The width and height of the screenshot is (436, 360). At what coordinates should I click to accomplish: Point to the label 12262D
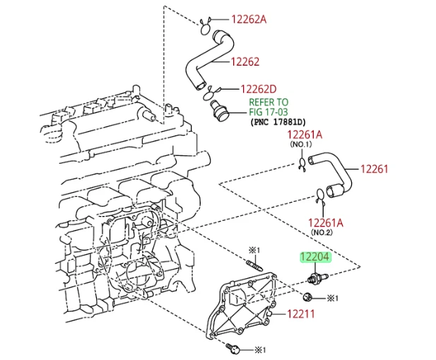click(264, 90)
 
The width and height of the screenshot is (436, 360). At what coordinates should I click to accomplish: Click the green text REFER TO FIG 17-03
click(268, 107)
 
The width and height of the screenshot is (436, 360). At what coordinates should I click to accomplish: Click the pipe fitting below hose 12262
click(218, 110)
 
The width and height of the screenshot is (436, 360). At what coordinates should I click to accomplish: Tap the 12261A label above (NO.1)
click(304, 135)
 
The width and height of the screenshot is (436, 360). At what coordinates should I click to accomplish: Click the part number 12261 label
click(375, 169)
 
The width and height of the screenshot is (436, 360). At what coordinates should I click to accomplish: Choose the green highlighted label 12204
click(315, 258)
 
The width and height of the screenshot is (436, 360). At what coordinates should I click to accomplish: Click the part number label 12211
click(301, 314)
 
